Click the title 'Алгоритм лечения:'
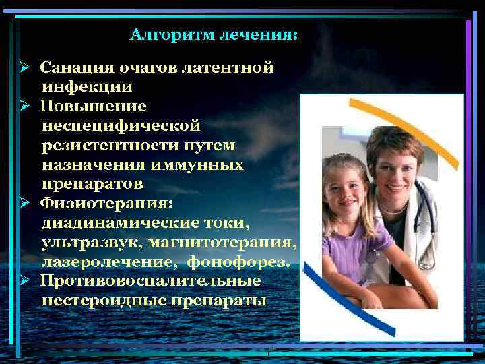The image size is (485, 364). (x=213, y=34)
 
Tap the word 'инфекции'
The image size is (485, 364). (x=87, y=86)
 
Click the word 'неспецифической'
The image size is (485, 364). (x=121, y=125)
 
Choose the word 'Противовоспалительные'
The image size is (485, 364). (x=150, y=280)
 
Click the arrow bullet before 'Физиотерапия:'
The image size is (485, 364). (x=23, y=202)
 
